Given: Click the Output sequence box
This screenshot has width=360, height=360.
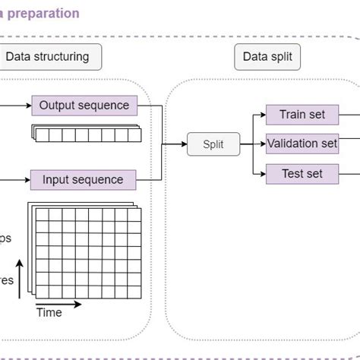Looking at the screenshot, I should tap(84, 106).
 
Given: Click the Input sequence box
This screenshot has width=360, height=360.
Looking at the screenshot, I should tap(83, 180).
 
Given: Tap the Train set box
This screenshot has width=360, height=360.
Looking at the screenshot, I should tap(302, 115).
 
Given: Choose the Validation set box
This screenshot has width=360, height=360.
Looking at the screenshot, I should tap(302, 143).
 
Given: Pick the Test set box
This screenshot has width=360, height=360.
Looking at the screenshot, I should tap(302, 174).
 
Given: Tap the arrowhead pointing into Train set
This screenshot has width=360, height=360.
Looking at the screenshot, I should tap(261, 115).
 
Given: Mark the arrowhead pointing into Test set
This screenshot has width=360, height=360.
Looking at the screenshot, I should tap(261, 174).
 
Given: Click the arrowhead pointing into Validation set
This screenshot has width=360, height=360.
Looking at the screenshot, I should tap(261, 143).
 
